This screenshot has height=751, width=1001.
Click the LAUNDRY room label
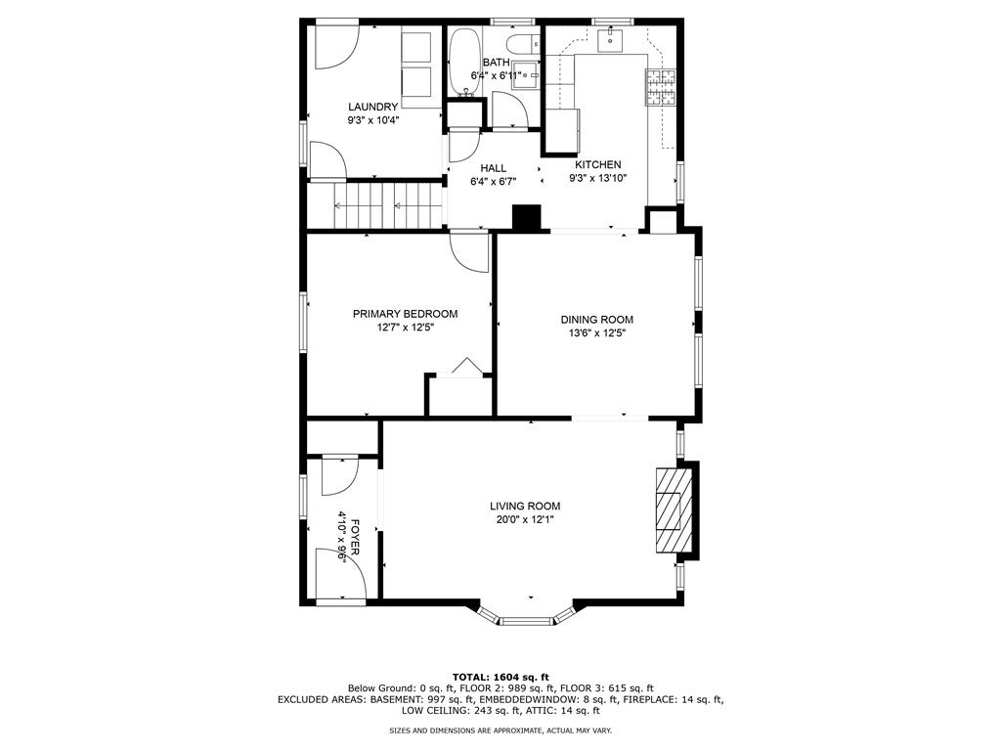tap(372, 107)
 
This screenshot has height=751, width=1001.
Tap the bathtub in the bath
tap(462, 63)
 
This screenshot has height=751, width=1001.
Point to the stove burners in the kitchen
tap(661, 87)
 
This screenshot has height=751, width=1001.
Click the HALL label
tap(493, 168)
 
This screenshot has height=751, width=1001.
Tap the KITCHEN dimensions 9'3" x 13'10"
tap(597, 178)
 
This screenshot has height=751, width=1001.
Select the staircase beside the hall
tap(388, 205)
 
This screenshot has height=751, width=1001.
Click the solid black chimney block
tap(527, 216)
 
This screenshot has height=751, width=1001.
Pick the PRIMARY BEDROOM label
tap(405, 314)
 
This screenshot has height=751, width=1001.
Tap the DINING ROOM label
tap(597, 320)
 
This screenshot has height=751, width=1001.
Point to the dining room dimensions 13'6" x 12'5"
tap(597, 332)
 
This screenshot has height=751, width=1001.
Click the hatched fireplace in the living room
tap(674, 510)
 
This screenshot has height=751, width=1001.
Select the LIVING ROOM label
tap(525, 506)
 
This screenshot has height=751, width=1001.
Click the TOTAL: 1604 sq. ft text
tap(500, 677)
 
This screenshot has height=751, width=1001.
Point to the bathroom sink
tap(525, 74)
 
